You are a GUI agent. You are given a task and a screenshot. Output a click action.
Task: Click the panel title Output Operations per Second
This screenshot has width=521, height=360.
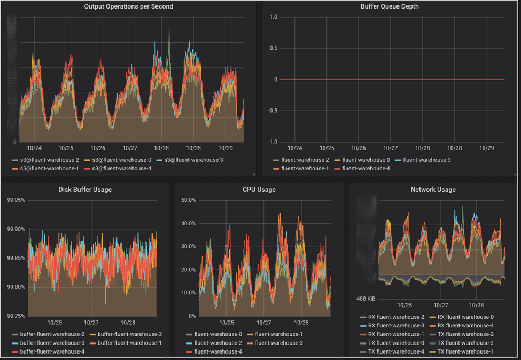128,7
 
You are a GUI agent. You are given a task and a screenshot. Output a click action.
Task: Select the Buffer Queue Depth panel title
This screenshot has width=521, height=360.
390,7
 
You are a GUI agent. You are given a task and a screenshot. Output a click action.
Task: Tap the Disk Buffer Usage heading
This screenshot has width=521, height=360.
85,190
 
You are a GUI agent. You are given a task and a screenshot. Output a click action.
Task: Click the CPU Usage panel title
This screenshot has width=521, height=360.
259,190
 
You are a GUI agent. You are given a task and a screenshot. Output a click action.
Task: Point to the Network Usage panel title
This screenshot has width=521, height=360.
433,190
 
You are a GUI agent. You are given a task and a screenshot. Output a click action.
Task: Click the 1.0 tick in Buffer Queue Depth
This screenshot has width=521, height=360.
273,17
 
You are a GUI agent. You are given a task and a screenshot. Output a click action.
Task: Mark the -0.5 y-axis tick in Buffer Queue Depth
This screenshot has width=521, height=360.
272,111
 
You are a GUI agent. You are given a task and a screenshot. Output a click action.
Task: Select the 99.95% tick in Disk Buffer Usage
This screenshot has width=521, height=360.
15,200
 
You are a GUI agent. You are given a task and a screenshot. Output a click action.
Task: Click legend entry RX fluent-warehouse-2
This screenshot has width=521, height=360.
393,317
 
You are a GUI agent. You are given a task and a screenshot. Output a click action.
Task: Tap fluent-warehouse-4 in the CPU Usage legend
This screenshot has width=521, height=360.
218,351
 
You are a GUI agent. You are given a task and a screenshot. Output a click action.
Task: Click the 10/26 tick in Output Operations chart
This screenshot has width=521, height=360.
98,148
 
